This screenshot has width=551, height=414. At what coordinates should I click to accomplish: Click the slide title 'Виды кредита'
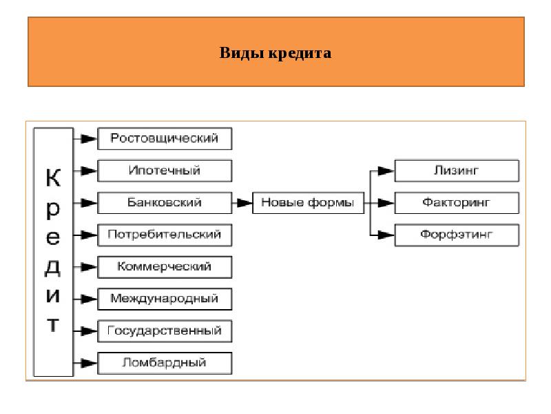275,52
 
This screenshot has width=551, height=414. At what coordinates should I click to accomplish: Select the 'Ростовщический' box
165,139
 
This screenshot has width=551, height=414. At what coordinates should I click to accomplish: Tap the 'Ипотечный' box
165,170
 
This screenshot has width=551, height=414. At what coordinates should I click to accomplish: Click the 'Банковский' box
165,203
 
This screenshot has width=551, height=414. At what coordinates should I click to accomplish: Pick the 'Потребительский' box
165,235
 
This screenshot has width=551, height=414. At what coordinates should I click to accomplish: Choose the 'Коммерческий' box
165,266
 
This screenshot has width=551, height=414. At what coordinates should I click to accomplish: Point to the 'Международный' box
165,299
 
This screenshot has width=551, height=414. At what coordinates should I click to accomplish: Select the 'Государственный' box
165,331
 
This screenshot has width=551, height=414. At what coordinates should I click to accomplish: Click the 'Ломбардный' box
165,362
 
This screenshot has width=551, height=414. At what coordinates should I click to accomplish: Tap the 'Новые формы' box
308,203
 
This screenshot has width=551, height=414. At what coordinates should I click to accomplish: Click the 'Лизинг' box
456,170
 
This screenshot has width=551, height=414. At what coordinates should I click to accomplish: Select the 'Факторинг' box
456,203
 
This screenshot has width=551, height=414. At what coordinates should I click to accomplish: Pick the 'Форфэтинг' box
456,235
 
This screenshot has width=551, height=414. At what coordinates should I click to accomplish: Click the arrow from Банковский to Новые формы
243,203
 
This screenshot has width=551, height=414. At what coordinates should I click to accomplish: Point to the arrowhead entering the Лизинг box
387,170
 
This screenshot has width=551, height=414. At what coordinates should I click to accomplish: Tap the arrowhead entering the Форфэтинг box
387,235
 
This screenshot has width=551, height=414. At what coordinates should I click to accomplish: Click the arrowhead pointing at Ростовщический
89,139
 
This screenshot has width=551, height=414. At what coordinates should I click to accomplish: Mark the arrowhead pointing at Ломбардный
89,362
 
